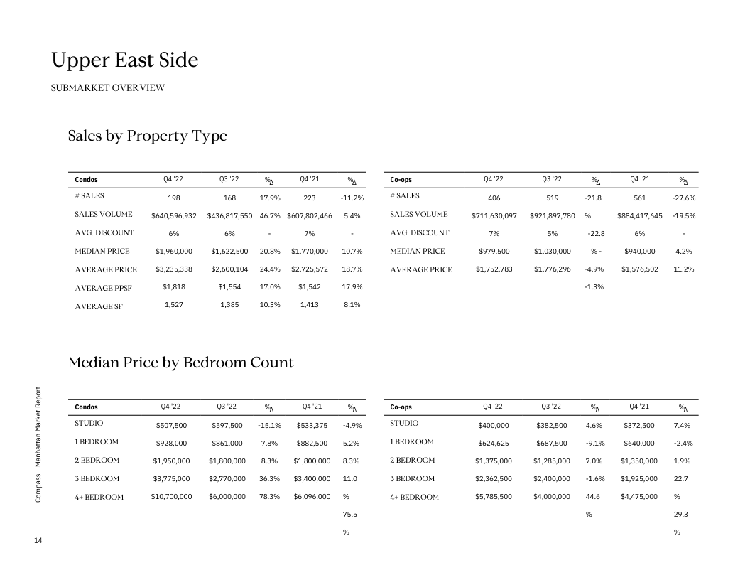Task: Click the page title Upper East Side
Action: [x=124, y=61]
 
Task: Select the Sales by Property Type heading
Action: [x=148, y=136]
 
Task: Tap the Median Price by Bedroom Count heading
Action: [x=180, y=362]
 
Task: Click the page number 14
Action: [x=38, y=542]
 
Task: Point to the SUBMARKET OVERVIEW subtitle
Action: [x=108, y=88]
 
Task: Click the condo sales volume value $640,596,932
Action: [x=173, y=215]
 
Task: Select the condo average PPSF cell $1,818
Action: [x=173, y=286]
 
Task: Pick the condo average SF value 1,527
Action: [x=173, y=305]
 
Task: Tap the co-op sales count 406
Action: [x=494, y=197]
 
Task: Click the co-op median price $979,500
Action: [x=494, y=251]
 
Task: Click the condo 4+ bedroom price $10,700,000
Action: [x=171, y=497]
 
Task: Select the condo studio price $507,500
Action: [x=171, y=426]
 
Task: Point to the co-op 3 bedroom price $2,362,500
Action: [x=494, y=478]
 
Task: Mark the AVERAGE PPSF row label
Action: [x=103, y=288]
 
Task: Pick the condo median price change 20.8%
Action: [x=270, y=251]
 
